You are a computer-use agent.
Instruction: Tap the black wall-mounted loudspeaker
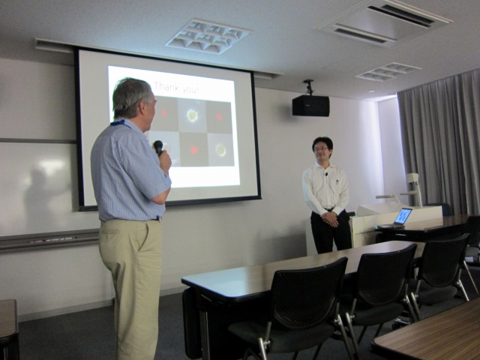tap(310, 106)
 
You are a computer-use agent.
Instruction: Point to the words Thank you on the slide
tap(176, 87)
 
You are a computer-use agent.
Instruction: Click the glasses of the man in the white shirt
tap(321, 149)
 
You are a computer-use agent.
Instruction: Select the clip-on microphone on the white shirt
tap(327, 175)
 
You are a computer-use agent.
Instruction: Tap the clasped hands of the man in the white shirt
tap(330, 218)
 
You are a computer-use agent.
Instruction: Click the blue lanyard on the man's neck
tap(120, 123)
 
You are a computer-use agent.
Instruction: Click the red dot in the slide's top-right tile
tap(219, 117)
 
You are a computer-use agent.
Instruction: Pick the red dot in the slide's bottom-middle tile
tap(194, 150)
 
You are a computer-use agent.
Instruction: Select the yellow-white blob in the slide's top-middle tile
tap(192, 115)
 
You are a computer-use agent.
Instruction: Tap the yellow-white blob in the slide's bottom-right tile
tap(220, 150)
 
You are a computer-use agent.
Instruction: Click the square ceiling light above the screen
tap(208, 37)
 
